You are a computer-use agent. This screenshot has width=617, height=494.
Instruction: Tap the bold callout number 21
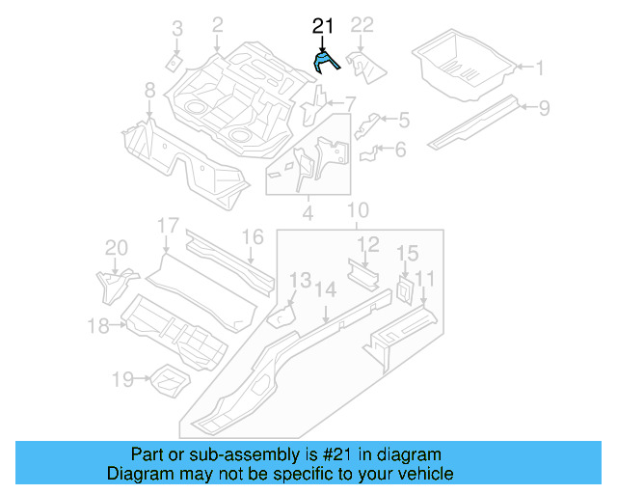[x=323, y=27]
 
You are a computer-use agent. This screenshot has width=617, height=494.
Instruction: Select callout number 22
[x=362, y=25]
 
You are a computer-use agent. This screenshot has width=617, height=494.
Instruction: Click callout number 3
[x=176, y=31]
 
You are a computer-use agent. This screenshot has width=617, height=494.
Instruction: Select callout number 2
[x=217, y=24]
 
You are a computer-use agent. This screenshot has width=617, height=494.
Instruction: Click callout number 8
[x=149, y=90]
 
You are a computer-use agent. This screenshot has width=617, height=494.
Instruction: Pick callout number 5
[x=403, y=120]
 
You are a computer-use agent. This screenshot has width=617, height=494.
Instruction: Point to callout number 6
[x=401, y=150]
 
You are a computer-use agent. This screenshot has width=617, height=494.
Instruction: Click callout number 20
[x=116, y=249]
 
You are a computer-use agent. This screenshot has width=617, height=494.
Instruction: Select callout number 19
[x=121, y=380]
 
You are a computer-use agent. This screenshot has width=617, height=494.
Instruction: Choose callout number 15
[x=407, y=254]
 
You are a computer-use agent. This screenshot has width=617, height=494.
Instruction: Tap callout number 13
[x=302, y=281]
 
